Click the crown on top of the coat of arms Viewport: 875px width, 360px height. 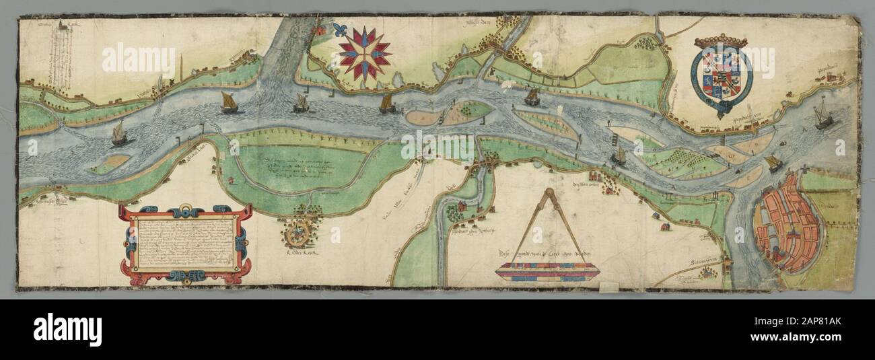point(720,42)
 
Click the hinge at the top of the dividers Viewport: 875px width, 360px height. point(547,195)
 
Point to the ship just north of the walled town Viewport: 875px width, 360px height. point(773,163)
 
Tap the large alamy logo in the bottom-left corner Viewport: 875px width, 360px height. point(67,330)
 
